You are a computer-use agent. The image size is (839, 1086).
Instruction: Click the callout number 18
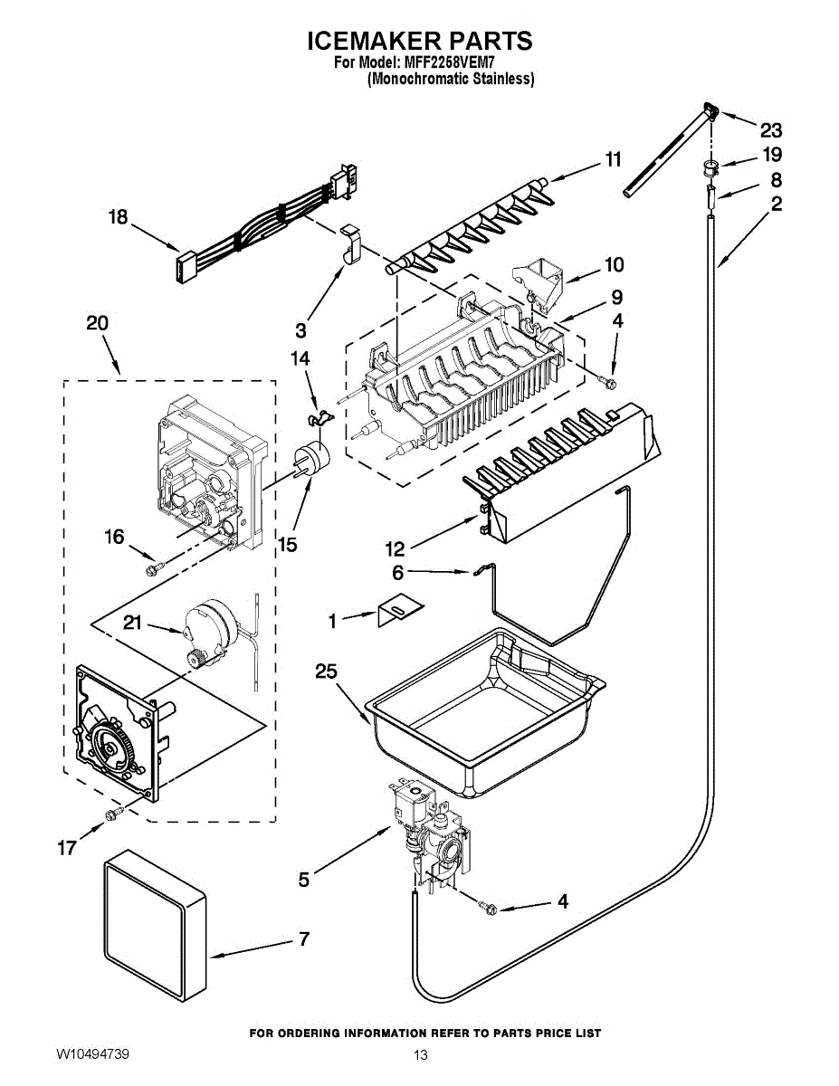[118, 217]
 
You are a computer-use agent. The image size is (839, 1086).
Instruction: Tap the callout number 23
[770, 129]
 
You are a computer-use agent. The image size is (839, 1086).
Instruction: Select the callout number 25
[327, 671]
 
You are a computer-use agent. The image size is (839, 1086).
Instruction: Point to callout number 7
[304, 939]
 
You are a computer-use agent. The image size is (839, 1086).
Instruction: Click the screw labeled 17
[111, 815]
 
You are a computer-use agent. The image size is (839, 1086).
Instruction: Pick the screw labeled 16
[155, 568]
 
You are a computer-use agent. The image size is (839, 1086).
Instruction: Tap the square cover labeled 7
[154, 920]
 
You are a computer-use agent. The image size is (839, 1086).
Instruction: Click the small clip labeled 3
[352, 242]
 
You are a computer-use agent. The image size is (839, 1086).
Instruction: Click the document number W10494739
[92, 1054]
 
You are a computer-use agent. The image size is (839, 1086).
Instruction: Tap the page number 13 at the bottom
[420, 1055]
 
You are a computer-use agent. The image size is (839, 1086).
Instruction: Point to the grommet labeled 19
[710, 166]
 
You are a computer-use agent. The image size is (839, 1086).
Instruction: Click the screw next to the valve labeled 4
[490, 906]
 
